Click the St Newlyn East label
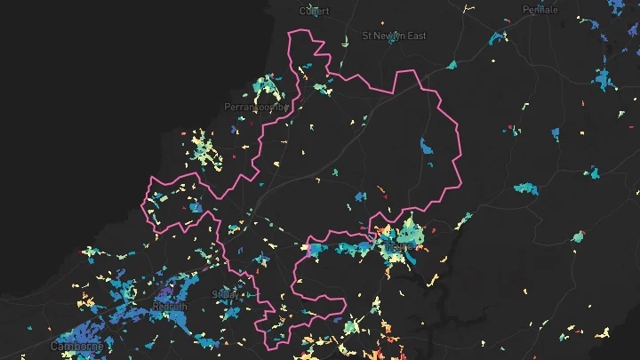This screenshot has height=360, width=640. click(x=394, y=36)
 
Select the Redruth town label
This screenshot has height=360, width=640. click(x=170, y=307)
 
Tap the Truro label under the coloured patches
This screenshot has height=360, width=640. click(x=403, y=247)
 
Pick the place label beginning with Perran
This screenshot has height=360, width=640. click(x=257, y=108)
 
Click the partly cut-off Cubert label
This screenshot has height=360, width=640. click(x=314, y=11)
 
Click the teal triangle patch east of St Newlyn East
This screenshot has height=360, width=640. click(x=452, y=64)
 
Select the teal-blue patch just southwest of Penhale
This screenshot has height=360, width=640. click(x=498, y=37)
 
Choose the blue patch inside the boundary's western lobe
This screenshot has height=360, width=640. click(x=195, y=207)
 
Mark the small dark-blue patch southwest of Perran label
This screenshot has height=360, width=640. click(x=234, y=130)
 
